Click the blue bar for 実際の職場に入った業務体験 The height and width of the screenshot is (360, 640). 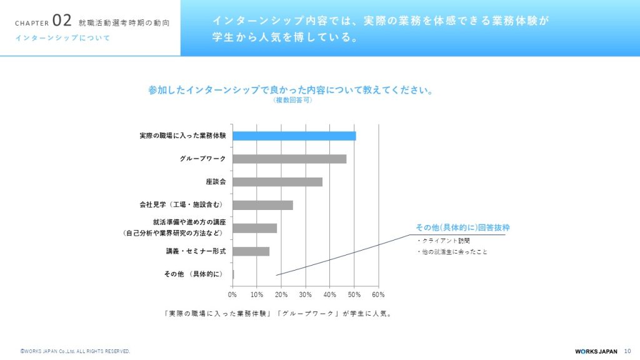click(294, 136)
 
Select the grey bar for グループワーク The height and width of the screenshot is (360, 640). click(289, 159)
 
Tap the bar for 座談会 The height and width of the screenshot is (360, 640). click(277, 182)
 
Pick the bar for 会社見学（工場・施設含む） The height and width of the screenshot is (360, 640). click(262, 205)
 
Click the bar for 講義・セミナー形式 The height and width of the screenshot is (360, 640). click(251, 251)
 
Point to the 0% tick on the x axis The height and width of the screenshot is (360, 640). click(232, 294)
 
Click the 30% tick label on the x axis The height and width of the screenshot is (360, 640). click(306, 294)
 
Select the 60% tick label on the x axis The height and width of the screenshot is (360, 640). click(378, 294)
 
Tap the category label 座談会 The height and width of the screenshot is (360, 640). click(216, 182)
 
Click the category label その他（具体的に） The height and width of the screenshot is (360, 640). click(194, 274)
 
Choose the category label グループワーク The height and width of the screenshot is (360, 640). click(202, 159)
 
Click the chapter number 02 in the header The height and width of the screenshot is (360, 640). click(62, 20)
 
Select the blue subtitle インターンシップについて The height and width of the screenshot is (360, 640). click(62, 38)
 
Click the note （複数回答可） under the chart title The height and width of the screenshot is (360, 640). click(292, 101)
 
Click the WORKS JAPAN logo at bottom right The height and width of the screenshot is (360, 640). click(596, 351)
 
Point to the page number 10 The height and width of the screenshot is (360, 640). click(627, 351)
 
